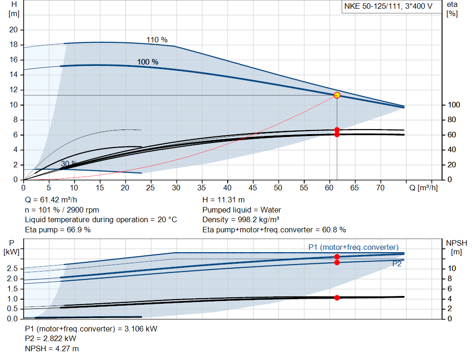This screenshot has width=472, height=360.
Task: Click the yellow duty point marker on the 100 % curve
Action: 337,95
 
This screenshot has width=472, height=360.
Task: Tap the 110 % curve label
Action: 157,40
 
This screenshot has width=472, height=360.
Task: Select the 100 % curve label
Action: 147,62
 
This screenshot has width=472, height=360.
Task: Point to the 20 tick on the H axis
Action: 13,30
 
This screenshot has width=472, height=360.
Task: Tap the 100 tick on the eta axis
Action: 454,105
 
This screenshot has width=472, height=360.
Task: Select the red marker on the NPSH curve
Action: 337,298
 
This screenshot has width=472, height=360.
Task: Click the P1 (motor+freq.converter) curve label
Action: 353,247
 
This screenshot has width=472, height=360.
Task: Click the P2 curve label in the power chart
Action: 397,264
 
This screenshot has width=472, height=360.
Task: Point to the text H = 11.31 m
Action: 224,200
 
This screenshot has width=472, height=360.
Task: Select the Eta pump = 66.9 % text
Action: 58,229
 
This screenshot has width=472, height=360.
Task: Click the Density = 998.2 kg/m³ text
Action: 241,219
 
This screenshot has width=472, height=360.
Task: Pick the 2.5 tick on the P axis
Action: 13,269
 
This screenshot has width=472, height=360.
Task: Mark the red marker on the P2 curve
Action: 337,262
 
